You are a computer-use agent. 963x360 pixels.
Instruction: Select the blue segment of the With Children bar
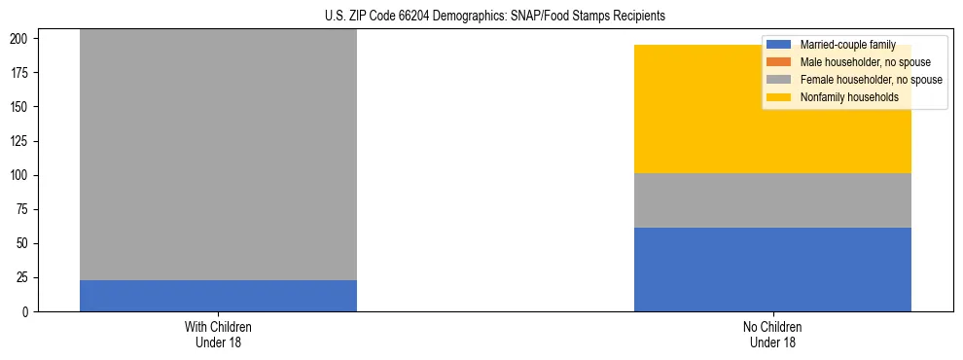click(218, 296)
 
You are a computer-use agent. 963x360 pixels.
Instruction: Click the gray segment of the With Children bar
click(218, 156)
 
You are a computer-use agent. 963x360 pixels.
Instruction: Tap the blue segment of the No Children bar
click(772, 270)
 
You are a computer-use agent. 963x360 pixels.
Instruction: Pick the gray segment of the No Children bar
click(772, 200)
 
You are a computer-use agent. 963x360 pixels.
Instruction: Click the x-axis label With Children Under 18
click(218, 335)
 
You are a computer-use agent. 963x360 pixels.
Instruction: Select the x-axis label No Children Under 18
click(772, 335)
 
